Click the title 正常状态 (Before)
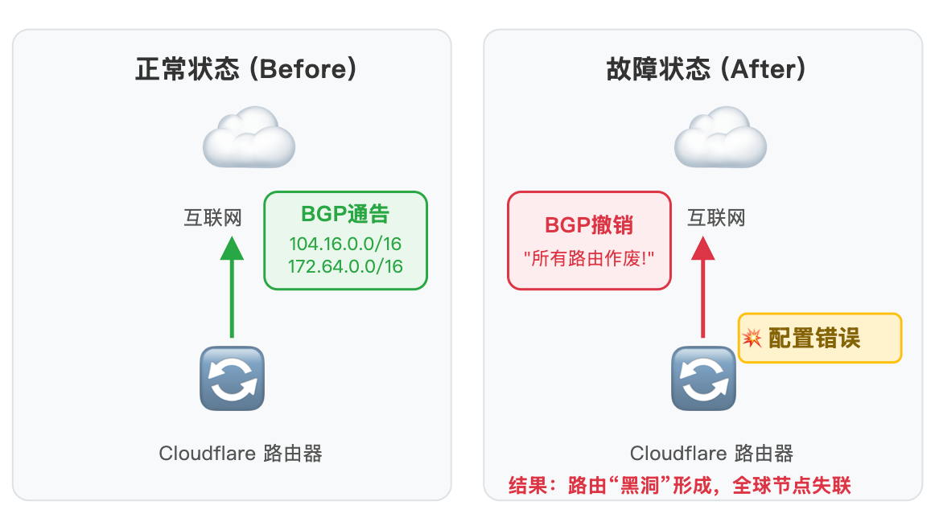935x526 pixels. pyautogui.click(x=245, y=69)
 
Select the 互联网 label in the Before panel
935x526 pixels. pyautogui.click(x=212, y=218)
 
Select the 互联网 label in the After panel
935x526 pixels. pyautogui.click(x=716, y=218)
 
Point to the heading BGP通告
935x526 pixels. pyautogui.click(x=345, y=214)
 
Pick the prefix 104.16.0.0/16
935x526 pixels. pyautogui.click(x=345, y=244)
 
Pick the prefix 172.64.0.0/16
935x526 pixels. pyautogui.click(x=345, y=265)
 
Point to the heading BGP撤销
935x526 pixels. pyautogui.click(x=589, y=225)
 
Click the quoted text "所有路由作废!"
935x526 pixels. pyautogui.click(x=589, y=258)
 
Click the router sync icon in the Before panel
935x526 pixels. pyautogui.click(x=232, y=379)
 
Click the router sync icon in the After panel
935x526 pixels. pyautogui.click(x=704, y=379)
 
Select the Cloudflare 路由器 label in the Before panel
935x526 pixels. pyautogui.click(x=241, y=454)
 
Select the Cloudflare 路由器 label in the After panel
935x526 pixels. pyautogui.click(x=711, y=454)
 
